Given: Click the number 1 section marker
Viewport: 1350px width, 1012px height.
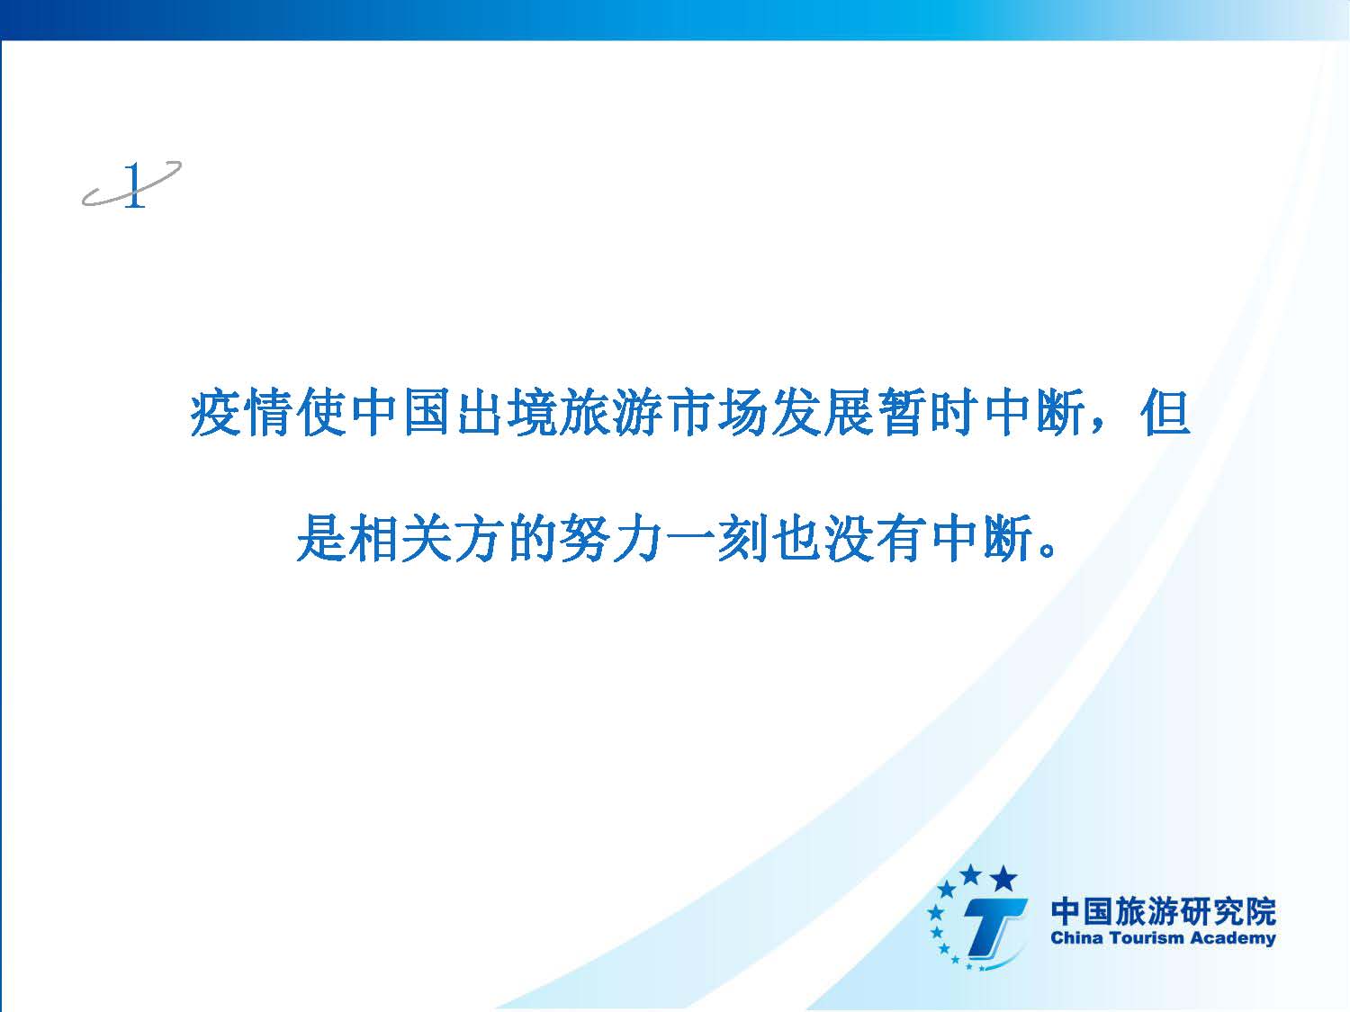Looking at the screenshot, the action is click(133, 185).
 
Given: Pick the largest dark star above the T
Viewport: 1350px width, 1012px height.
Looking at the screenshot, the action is click(1003, 879).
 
